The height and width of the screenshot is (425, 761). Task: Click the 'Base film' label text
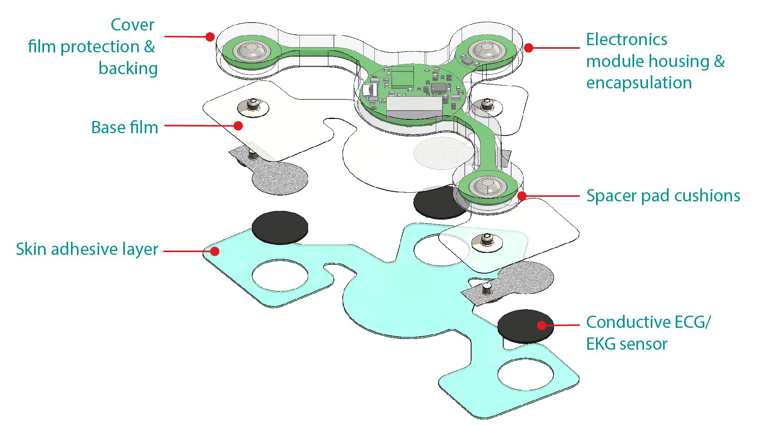coord(125,128)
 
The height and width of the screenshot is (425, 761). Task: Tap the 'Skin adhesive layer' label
coord(87,249)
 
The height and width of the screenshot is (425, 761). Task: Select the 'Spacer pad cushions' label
coord(663,196)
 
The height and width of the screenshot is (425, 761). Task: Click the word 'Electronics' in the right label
coord(627,40)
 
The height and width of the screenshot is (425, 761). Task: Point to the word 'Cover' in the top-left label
coord(132,25)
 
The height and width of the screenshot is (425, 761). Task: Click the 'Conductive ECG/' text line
coord(648,322)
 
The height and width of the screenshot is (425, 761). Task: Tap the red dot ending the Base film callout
coord(238,126)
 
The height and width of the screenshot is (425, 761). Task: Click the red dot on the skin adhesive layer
coord(215,251)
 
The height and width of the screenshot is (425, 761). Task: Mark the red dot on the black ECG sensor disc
coord(542,325)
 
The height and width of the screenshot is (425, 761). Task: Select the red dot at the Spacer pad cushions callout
coord(522,196)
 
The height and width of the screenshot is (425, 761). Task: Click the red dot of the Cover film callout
coord(210,37)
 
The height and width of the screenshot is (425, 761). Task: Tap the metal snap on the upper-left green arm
coord(251,50)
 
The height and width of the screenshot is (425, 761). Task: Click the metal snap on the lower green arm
coord(488,186)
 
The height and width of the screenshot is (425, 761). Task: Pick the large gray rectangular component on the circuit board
coord(414,107)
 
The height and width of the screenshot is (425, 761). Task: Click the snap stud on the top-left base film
coord(253,105)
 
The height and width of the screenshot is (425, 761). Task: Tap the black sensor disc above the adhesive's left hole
coord(280,227)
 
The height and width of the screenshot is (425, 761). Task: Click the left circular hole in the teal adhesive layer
coord(280,275)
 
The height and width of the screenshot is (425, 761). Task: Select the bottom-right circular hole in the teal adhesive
coord(525,374)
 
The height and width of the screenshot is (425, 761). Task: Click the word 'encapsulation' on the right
coord(639,83)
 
